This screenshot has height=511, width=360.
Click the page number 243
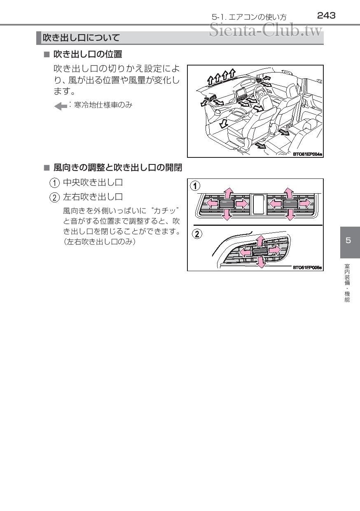click(x=326, y=16)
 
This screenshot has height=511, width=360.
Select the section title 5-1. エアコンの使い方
click(x=249, y=17)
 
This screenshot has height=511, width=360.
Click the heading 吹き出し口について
click(x=82, y=38)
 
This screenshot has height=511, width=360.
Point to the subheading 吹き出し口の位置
click(x=88, y=54)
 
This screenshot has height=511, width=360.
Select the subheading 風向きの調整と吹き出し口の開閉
click(x=118, y=168)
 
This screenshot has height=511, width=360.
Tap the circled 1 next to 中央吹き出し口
click(x=54, y=182)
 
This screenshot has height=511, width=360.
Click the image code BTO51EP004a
click(x=307, y=154)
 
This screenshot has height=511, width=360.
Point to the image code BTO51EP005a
click(x=307, y=267)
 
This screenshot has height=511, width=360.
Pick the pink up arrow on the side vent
click(x=259, y=241)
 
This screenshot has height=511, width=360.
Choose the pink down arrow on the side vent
click(x=261, y=262)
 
